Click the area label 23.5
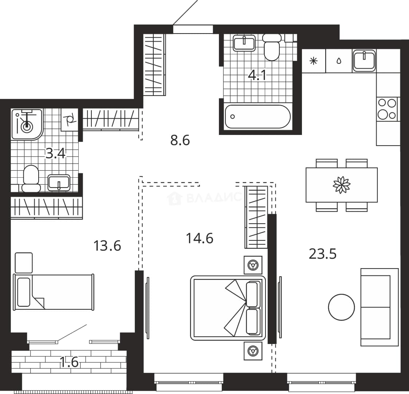323,254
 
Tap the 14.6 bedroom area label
200,239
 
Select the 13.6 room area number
107,246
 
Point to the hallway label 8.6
180,140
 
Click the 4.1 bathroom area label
257,76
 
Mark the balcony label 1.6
69,362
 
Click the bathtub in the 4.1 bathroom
258,116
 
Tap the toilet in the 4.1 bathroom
272,47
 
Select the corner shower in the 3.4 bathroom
27,124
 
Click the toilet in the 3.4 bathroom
31,179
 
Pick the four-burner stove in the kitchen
387,109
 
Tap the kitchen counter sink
364,61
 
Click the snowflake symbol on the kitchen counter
313,61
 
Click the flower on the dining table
342,185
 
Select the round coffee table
342,307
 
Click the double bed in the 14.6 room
228,308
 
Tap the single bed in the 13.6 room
54,292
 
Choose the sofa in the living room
379,307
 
